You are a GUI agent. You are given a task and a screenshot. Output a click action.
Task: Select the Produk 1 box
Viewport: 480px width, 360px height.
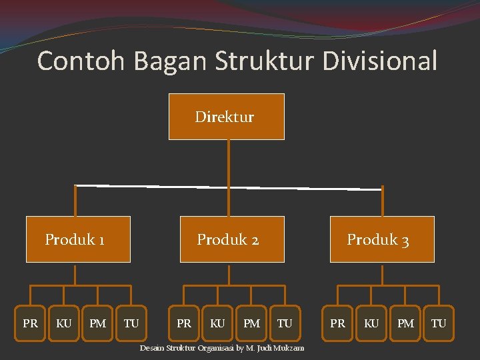coord(78,239)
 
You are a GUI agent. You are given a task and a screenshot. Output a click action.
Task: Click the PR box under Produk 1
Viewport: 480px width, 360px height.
coord(30,323)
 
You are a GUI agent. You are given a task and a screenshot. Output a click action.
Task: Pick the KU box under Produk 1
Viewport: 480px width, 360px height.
coord(64,323)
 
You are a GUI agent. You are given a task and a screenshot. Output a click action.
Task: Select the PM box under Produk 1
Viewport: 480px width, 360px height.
coord(97,323)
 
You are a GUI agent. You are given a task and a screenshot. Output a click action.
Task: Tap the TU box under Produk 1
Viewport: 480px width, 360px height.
coord(131,323)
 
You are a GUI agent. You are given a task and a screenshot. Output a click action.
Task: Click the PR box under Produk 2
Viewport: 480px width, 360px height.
coord(183,323)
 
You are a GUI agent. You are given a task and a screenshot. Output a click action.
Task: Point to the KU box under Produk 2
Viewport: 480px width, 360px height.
coord(217,323)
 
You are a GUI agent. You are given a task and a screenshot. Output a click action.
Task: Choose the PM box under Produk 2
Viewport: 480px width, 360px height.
coord(251,323)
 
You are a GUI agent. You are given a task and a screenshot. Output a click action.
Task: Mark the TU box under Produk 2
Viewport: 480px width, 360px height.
coord(285,323)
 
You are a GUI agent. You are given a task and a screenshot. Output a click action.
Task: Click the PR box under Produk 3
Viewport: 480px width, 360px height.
coord(337,323)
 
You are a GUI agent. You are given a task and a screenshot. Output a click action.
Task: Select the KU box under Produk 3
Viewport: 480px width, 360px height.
coord(371,323)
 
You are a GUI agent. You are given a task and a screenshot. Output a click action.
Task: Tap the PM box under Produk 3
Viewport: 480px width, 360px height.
coord(405,323)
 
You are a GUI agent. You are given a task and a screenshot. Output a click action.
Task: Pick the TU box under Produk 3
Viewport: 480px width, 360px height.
coord(438,323)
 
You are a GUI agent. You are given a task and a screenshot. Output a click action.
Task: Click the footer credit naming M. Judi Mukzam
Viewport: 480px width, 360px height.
coord(221,348)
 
